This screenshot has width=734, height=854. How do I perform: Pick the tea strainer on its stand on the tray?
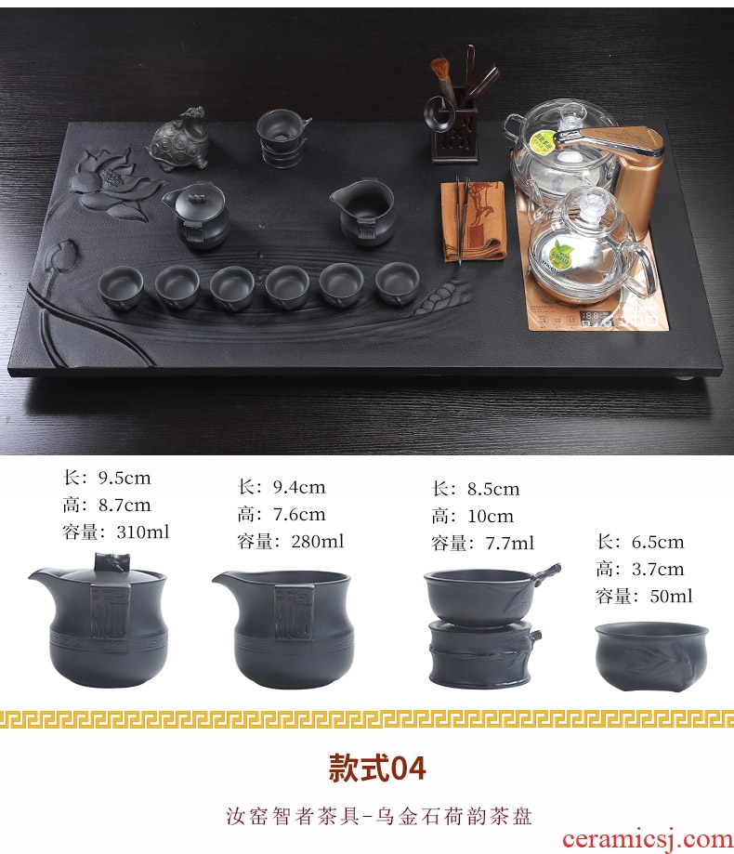(x=282, y=138)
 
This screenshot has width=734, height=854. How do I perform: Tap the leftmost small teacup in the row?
(x=121, y=286)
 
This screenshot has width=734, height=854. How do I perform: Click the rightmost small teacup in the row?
(x=398, y=282)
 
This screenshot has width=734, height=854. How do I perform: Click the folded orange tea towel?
(x=474, y=219)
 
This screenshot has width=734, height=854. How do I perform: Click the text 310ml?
(x=143, y=532)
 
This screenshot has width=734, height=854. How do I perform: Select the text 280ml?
(x=318, y=541)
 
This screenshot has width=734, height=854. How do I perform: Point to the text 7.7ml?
(x=510, y=543)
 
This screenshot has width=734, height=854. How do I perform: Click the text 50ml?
(x=672, y=596)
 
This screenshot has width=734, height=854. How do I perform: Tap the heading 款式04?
(x=377, y=769)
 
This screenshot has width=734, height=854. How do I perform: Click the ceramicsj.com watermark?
(x=648, y=840)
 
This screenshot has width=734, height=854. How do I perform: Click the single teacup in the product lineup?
(x=651, y=656)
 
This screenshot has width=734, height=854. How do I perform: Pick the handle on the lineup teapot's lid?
(x=111, y=562)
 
